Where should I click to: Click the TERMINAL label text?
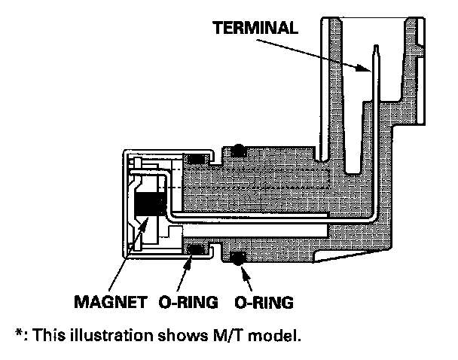coord(257,29)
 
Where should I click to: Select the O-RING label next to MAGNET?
coord(188,303)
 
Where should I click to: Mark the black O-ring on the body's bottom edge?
coord(239,260)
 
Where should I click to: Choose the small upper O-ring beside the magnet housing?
coord(197,159)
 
